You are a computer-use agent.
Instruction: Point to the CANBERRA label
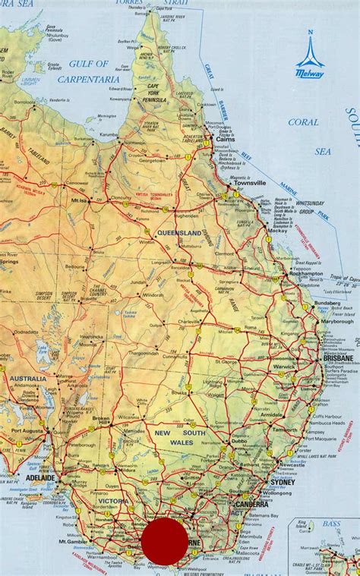tap(251, 503)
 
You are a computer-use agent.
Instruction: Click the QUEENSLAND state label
tap(179, 231)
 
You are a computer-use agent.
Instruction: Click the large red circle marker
tap(165, 542)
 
